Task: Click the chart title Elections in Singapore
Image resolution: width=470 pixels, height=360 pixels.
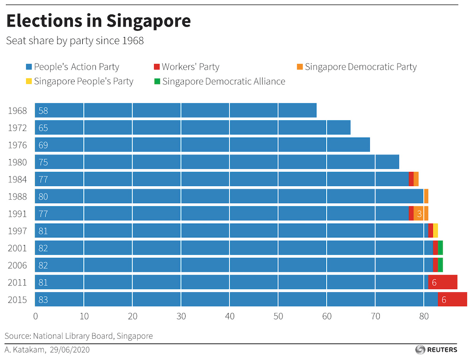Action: (x=98, y=21)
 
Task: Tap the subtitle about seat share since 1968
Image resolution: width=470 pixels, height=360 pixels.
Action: (x=75, y=41)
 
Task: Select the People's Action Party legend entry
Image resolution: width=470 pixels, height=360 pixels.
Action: (x=73, y=67)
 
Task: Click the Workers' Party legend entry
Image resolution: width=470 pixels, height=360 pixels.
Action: (x=187, y=67)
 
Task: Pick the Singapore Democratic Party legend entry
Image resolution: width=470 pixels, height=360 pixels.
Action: (x=357, y=67)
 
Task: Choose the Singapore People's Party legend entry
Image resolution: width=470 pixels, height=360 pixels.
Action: (x=79, y=81)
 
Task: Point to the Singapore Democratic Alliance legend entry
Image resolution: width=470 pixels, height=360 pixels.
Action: (x=219, y=81)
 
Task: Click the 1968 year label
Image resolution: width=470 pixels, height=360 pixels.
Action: (x=17, y=111)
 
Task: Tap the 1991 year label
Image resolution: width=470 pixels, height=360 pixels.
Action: (x=17, y=214)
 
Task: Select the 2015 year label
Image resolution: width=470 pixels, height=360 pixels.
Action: (x=17, y=300)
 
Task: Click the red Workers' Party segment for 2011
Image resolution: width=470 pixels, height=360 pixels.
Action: (x=443, y=282)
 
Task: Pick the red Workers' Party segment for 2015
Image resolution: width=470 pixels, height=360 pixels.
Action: (x=452, y=300)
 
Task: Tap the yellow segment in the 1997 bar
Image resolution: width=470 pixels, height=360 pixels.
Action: (x=436, y=231)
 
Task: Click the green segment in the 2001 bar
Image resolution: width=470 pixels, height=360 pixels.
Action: (x=440, y=248)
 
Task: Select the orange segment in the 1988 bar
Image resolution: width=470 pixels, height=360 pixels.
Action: (x=426, y=196)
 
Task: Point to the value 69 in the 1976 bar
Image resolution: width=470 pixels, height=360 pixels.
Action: (x=43, y=145)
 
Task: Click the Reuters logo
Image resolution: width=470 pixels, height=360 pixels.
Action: (x=436, y=350)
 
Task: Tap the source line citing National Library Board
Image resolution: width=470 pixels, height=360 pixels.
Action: (x=79, y=336)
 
